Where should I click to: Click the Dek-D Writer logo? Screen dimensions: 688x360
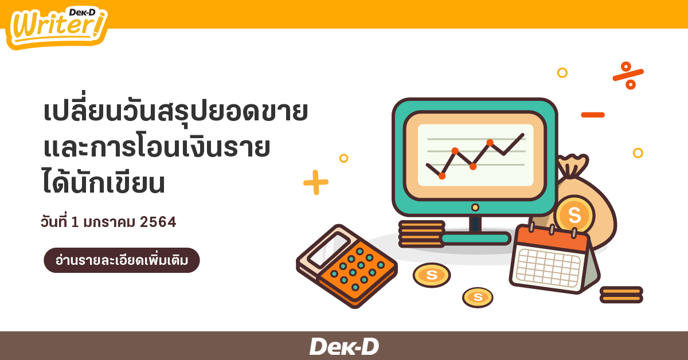[x=57, y=28]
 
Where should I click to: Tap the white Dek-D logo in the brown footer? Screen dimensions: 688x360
[x=344, y=346]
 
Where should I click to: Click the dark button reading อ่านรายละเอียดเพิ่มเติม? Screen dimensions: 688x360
[x=122, y=260]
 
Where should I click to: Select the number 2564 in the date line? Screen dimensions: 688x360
[x=158, y=222]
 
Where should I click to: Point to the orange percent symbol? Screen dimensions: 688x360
[x=628, y=75]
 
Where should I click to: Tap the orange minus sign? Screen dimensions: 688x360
[x=593, y=115]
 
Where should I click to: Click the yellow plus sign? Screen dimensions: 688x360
[x=316, y=182]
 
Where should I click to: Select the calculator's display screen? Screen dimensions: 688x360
[x=329, y=250]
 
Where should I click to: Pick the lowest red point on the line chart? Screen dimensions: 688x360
[x=442, y=176]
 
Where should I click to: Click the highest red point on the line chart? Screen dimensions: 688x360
[x=490, y=143]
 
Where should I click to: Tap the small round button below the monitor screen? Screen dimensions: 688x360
[x=475, y=208]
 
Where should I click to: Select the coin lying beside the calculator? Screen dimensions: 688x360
[x=432, y=275]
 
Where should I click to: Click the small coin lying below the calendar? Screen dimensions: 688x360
[x=478, y=297]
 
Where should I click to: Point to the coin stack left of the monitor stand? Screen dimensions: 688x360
[x=421, y=234]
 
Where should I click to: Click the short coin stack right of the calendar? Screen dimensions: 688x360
[x=621, y=295]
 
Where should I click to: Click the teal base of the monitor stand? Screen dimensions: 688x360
[x=475, y=238]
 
